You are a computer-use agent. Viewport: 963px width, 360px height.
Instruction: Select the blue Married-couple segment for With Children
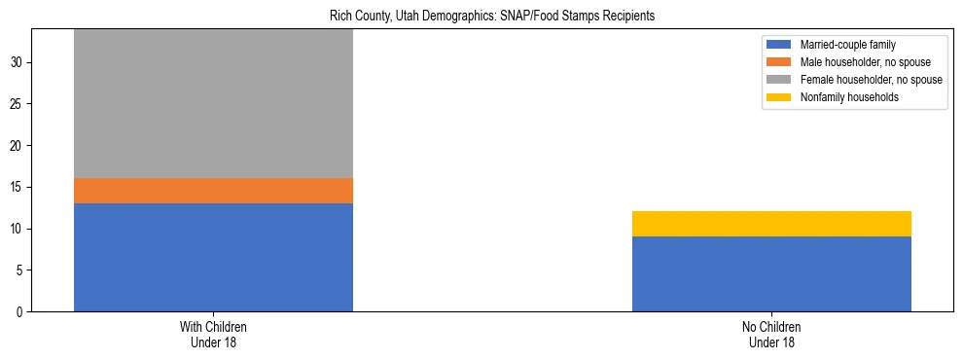[x=213, y=257]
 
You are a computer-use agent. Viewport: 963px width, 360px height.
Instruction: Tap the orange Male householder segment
[x=213, y=191]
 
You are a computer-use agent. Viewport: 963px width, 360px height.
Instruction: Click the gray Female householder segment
[x=213, y=103]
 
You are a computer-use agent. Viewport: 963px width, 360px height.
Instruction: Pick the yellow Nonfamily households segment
[x=771, y=224]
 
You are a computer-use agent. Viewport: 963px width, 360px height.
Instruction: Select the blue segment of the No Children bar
[x=771, y=273]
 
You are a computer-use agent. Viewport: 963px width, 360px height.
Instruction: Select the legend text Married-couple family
[x=847, y=45]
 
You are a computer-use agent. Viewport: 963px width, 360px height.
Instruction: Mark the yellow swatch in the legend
[x=779, y=97]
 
